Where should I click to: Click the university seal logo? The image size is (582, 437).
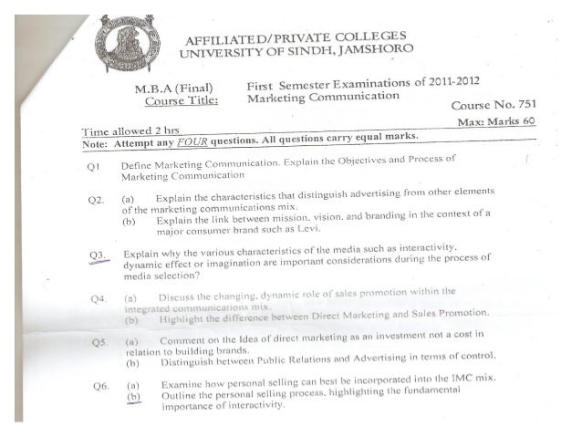point(127,44)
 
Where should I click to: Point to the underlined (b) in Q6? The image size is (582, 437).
point(135,398)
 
